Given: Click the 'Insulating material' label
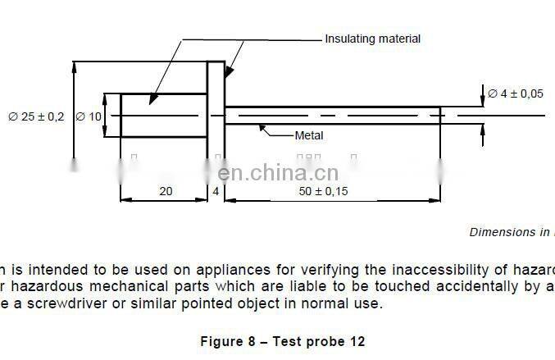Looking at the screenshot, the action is [372, 39].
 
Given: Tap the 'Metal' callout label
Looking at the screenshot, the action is [309, 136].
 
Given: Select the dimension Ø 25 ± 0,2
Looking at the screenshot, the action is [36, 116].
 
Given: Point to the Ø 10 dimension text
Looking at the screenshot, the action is [89, 116].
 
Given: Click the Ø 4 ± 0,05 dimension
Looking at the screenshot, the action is [516, 93].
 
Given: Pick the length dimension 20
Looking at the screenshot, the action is [165, 191].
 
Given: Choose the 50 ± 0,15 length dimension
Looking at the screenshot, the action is [323, 191].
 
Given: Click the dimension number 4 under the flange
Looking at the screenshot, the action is [216, 191].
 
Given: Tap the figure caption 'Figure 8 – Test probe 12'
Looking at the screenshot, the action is [283, 341].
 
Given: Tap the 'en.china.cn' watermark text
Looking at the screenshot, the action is [279, 172].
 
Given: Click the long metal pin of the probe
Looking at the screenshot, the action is [332, 116].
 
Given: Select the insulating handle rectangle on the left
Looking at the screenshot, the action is [163, 116].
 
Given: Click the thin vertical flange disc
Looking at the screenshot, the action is [216, 116].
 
